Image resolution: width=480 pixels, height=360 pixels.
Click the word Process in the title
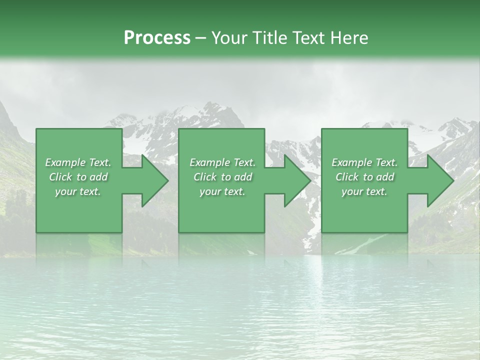pyautogui.click(x=157, y=38)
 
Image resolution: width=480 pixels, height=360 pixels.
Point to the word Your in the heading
pyautogui.click(x=230, y=38)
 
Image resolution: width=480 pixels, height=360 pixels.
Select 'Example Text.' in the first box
pyautogui.click(x=78, y=162)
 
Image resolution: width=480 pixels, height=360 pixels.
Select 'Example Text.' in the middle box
pyautogui.click(x=222, y=162)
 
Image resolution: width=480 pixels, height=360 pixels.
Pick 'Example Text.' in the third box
pyautogui.click(x=364, y=162)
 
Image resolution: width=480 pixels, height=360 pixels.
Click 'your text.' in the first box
pyautogui.click(x=78, y=191)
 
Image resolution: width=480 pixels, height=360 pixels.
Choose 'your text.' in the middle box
pyautogui.click(x=222, y=191)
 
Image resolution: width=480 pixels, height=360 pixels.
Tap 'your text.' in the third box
pyautogui.click(x=364, y=191)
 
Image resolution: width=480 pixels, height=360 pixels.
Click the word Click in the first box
pyautogui.click(x=60, y=177)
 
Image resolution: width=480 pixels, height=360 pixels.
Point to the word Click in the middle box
pyautogui.click(x=205, y=177)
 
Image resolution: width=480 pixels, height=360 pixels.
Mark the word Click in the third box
pyautogui.click(x=347, y=177)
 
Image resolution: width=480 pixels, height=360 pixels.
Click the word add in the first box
pyautogui.click(x=99, y=177)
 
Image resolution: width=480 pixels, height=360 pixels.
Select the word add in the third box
pyautogui.click(x=385, y=177)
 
